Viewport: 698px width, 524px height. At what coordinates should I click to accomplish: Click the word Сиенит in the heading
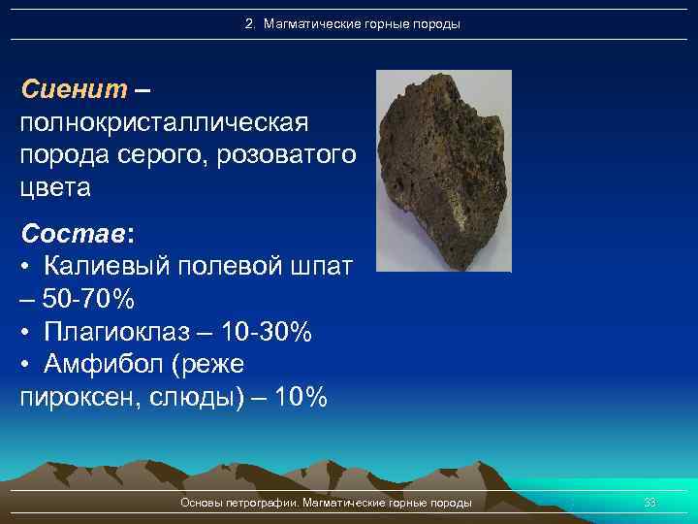pyautogui.click(x=74, y=90)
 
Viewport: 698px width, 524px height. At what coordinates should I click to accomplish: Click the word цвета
pyautogui.click(x=55, y=187)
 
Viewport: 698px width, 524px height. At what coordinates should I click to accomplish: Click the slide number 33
pyautogui.click(x=650, y=503)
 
